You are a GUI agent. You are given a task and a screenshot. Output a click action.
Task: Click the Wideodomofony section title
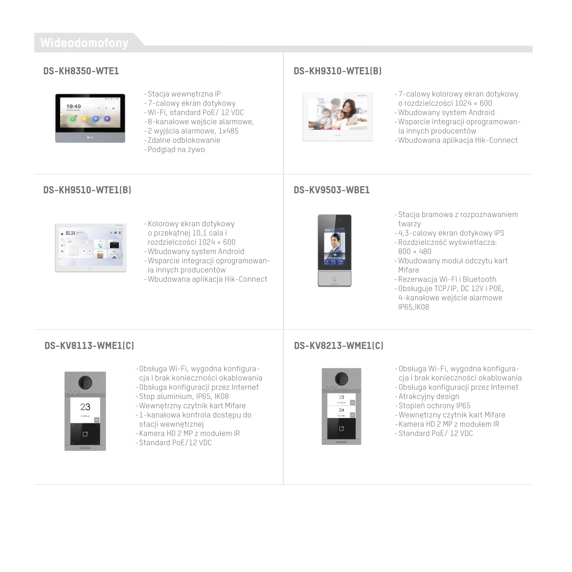(84, 43)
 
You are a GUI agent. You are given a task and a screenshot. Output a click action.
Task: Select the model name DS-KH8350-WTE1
(81, 71)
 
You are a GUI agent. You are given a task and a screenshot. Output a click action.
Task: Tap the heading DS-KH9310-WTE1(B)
(337, 71)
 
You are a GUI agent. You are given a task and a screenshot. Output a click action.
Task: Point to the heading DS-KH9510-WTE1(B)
(87, 190)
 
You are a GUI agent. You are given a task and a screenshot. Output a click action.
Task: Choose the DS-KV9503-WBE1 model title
(332, 190)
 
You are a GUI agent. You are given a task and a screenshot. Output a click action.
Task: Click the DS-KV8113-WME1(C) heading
(89, 346)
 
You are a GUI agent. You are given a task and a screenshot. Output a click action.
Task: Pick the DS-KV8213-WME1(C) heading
(339, 346)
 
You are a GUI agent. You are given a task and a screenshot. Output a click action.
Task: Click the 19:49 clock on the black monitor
(73, 106)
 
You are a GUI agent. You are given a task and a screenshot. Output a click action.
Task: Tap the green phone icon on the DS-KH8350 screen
(73, 119)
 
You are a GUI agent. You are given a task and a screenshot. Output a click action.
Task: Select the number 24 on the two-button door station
(341, 410)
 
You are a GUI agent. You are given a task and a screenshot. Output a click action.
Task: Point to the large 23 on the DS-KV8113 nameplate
(85, 407)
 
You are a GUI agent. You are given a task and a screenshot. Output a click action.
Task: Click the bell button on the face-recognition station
(335, 279)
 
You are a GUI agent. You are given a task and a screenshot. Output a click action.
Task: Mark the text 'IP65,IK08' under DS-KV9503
(414, 307)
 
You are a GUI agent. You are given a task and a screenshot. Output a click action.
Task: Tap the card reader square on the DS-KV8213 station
(341, 429)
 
